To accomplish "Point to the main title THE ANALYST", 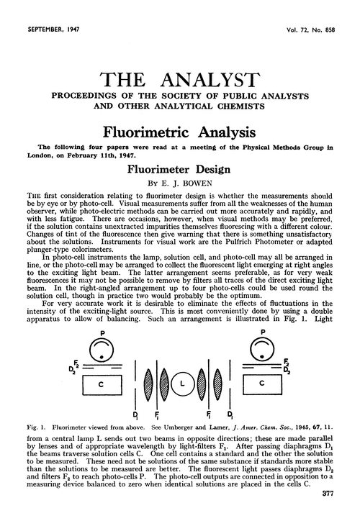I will (180, 80).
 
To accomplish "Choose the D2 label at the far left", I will (72, 368).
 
